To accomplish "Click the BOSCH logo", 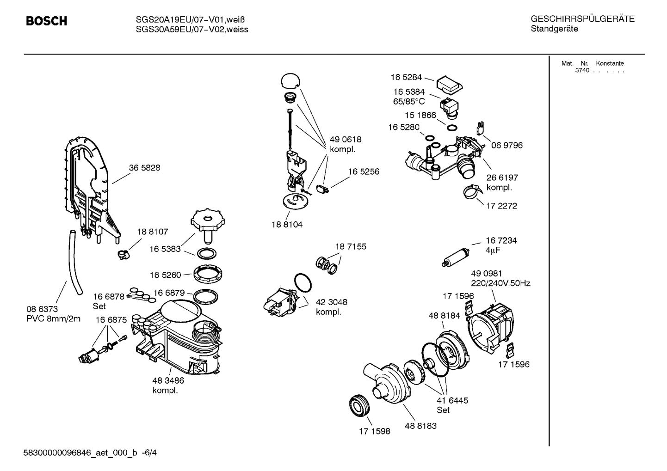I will coord(46,21).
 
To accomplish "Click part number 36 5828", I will coord(144,168).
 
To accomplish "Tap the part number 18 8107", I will coord(152,232).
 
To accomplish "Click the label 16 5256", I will coord(364,171).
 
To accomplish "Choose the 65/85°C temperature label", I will coord(409,102).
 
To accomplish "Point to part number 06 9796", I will coord(507,145).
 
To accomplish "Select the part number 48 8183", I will coord(420,426).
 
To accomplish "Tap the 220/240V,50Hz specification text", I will coord(500,283).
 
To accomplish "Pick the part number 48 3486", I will coord(168,380).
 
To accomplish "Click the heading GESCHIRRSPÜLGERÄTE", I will coord(582,19).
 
